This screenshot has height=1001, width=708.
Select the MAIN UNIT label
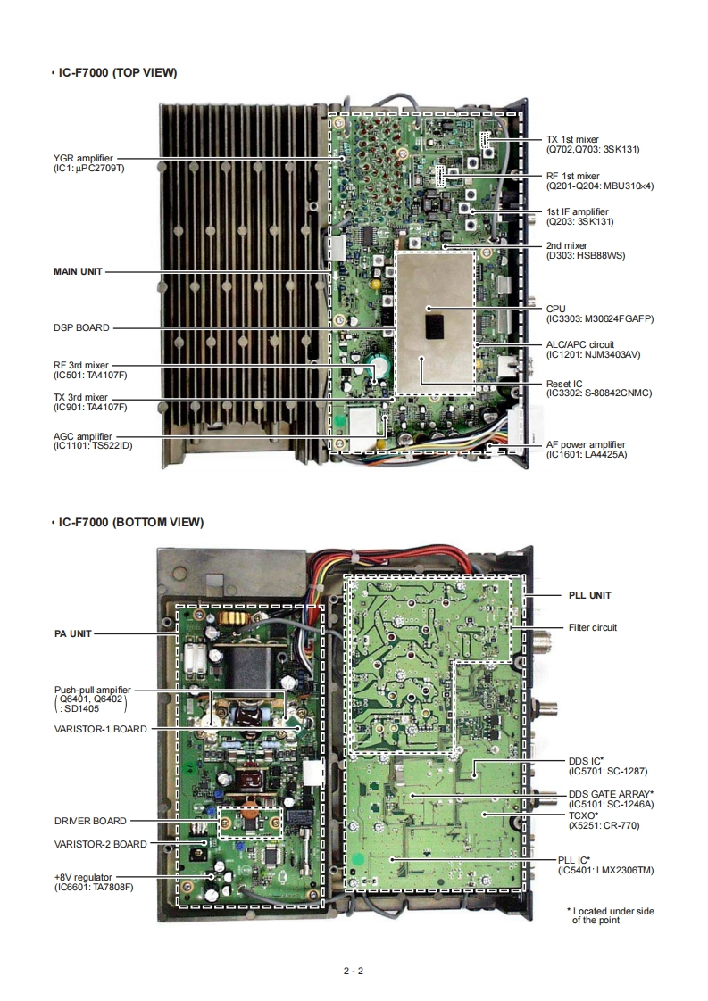[x=79, y=270]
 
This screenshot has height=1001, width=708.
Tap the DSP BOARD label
[x=81, y=327]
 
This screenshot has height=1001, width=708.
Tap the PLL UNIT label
[x=590, y=595]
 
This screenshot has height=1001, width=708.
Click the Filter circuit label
[x=592, y=627]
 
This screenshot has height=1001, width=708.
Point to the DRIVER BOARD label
[x=90, y=821]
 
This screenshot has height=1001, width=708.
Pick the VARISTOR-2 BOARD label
[x=100, y=843]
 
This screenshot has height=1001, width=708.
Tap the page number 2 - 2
[x=354, y=971]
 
